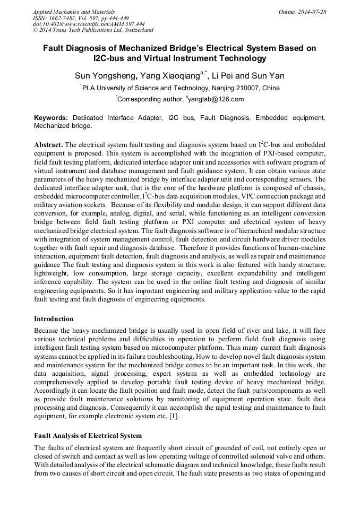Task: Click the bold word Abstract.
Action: (49, 145)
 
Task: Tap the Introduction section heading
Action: (54, 319)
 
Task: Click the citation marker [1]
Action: (175, 416)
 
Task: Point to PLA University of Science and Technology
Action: (139, 88)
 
